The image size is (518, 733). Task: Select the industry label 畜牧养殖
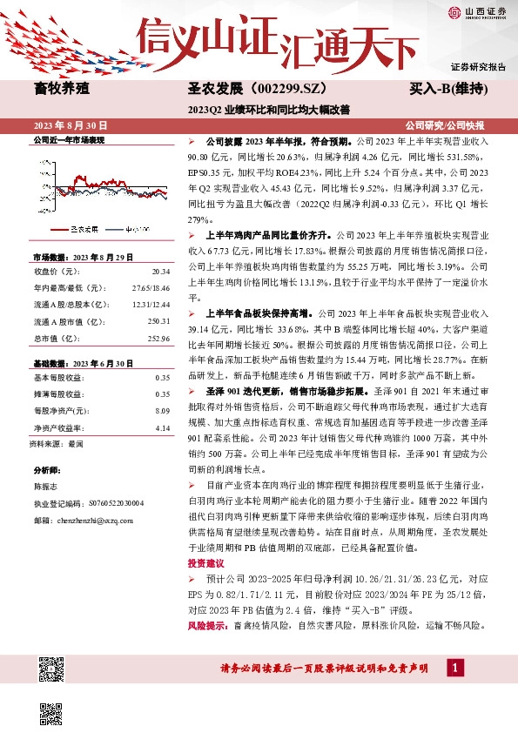(62, 88)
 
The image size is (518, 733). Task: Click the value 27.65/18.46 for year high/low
(149, 287)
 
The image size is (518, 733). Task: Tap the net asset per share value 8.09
(162, 409)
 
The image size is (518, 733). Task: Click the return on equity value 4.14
(162, 427)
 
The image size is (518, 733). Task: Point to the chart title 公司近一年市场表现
(68, 139)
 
